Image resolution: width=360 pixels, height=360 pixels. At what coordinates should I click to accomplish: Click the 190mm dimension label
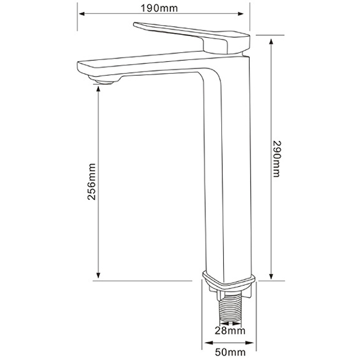(159, 9)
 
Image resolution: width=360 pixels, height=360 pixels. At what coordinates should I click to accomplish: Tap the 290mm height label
(276, 159)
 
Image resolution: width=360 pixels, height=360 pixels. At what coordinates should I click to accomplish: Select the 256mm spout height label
(92, 181)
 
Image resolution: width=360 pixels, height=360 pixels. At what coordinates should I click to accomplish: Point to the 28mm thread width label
(230, 331)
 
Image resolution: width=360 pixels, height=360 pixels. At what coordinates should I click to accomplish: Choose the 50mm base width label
(230, 352)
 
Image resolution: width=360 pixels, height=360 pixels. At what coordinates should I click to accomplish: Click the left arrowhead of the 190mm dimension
(82, 14)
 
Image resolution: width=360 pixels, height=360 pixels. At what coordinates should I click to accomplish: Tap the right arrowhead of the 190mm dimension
(240, 14)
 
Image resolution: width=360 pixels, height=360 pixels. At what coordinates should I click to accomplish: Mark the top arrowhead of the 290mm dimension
(271, 42)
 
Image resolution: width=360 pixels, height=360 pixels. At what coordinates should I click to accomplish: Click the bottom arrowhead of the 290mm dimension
(271, 276)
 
